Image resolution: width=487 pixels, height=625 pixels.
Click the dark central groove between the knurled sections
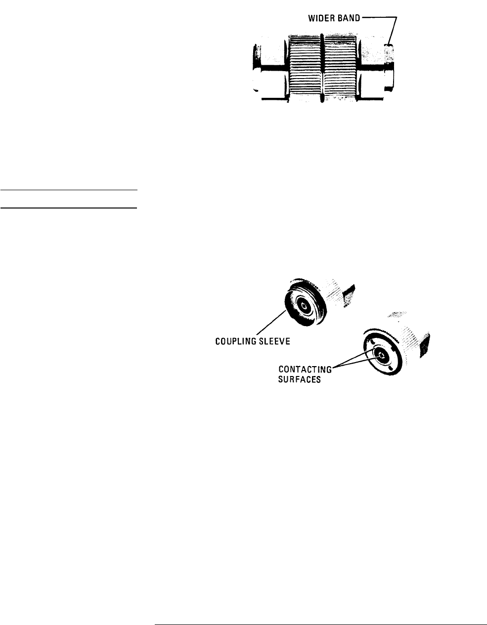[x=322, y=67]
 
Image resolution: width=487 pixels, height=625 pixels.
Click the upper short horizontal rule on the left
[x=69, y=190]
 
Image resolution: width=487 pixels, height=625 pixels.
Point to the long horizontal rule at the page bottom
[x=321, y=612]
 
